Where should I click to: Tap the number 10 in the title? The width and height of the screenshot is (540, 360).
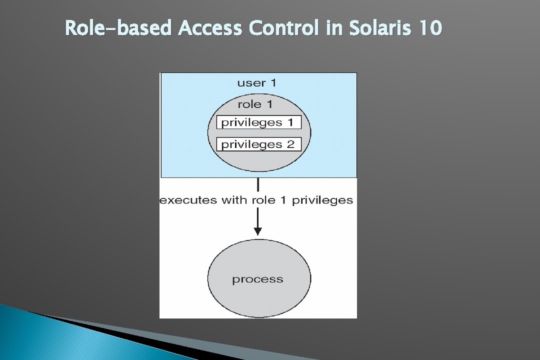pos(430,28)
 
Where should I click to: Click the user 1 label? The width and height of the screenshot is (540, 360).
pos(256,83)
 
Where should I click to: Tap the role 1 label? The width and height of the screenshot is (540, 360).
pos(255,104)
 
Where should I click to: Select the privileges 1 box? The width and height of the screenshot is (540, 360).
pos(258,122)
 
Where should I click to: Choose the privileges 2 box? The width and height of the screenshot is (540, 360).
pos(258,144)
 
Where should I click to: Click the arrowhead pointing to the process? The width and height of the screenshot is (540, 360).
pos(257,231)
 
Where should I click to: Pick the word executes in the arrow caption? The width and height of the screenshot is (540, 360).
pos(188,200)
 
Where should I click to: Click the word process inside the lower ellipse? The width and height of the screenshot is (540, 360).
pos(257,279)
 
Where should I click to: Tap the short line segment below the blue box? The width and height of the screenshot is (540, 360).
pos(257,185)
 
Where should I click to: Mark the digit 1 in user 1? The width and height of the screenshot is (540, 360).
pos(272,83)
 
